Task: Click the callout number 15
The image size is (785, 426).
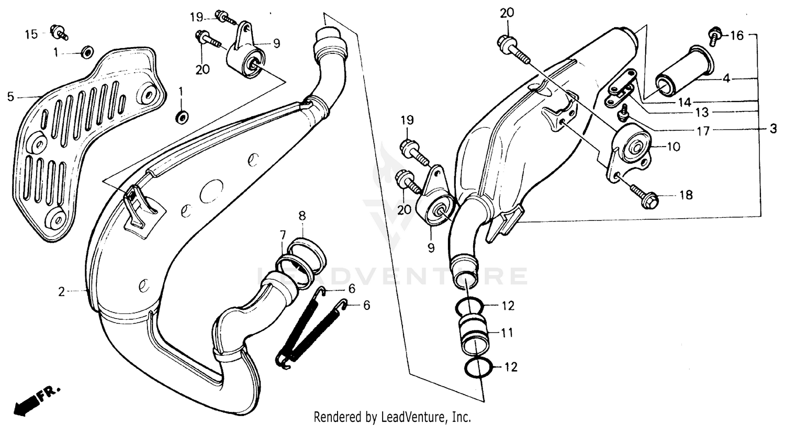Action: (31, 35)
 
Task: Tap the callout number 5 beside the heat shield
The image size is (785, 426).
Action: (10, 96)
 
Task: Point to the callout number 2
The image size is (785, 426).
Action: (62, 292)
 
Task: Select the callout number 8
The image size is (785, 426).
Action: (302, 216)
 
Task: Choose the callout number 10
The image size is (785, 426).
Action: (674, 147)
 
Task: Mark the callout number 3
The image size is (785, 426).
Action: (773, 129)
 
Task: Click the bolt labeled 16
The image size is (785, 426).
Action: (714, 36)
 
